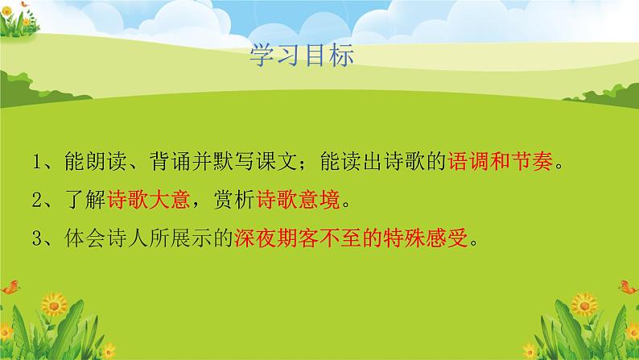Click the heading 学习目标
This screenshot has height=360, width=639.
pyautogui.click(x=302, y=56)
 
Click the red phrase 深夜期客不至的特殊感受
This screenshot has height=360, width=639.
pyautogui.click(x=350, y=238)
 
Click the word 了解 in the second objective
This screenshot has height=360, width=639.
pyautogui.click(x=85, y=200)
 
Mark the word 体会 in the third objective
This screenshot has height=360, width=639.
pyautogui.click(x=85, y=238)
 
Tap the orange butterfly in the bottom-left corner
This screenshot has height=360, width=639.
pyautogui.click(x=11, y=287)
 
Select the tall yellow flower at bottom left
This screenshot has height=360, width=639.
pyautogui.click(x=55, y=304)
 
